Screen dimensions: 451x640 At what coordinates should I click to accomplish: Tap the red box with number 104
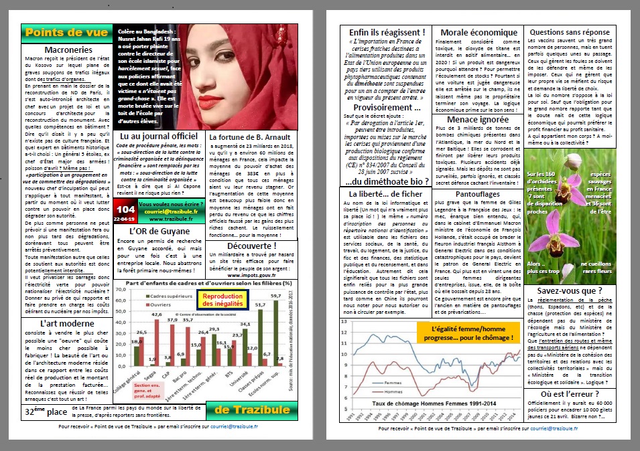point(125,212)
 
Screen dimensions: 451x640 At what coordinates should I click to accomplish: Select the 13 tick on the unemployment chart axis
point(344,321)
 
